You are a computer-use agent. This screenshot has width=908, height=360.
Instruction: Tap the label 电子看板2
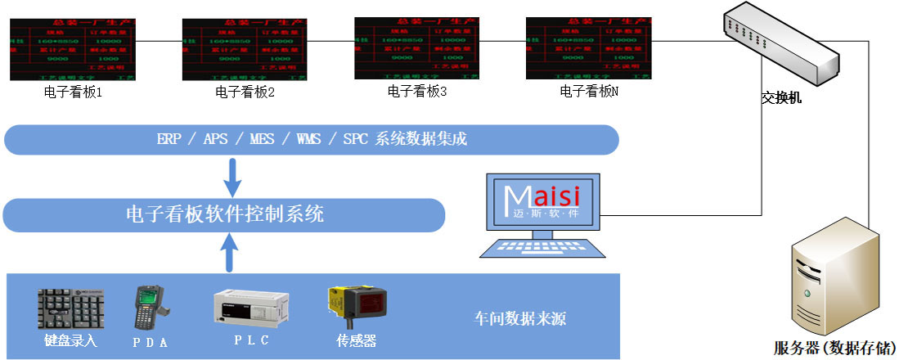click(245, 92)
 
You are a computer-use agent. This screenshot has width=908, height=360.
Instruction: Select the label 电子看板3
click(417, 91)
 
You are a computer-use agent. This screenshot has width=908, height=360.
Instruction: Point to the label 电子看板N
click(589, 91)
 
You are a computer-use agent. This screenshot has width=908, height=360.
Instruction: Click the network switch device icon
click(781, 45)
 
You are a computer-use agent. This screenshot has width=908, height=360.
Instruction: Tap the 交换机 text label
click(781, 98)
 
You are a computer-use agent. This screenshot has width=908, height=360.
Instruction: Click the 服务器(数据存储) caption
click(834, 347)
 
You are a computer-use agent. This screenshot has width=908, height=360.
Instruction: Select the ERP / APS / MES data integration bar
click(312, 139)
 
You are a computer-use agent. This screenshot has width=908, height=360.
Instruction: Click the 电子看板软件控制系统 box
click(225, 214)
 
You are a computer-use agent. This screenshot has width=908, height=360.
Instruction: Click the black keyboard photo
click(70, 309)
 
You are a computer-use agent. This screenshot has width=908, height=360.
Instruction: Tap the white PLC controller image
click(251, 309)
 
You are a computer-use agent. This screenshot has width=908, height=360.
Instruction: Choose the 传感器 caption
click(357, 340)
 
